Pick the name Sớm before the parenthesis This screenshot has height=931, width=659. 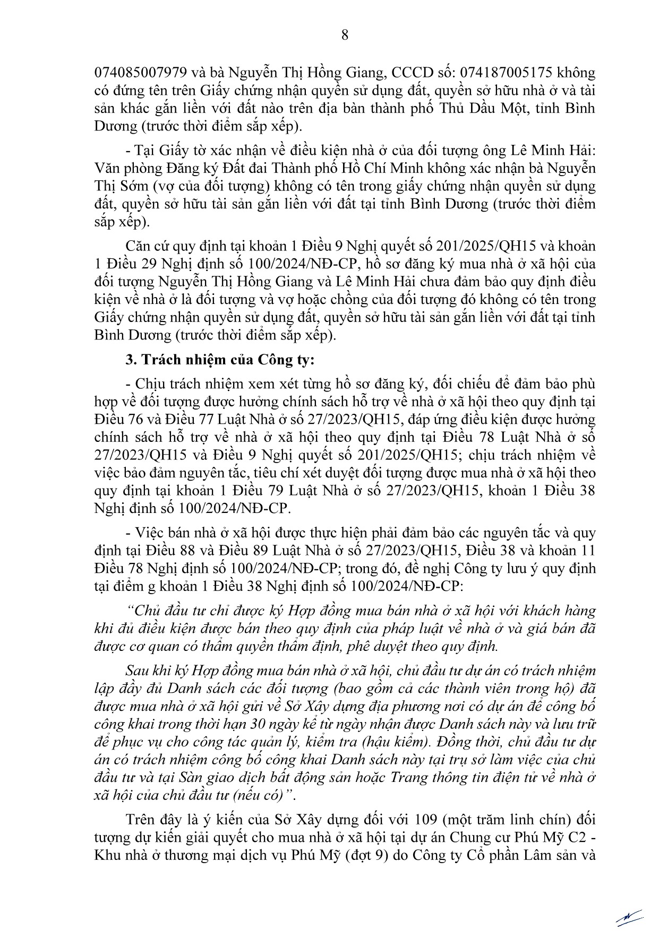[135, 186]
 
